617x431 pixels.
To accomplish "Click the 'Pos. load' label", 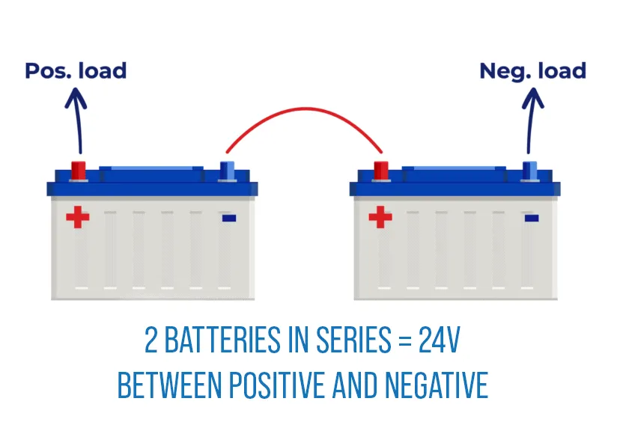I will [x=76, y=71].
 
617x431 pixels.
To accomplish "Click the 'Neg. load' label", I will [x=532, y=71].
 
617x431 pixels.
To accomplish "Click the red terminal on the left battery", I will [x=78, y=170].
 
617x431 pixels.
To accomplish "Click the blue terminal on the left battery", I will [x=227, y=170].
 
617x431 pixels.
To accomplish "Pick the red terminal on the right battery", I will [x=381, y=170].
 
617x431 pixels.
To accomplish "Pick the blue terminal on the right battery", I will [x=531, y=170].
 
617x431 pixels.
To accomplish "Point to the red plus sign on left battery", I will [x=77, y=218].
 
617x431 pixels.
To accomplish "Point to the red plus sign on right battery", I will [x=380, y=218].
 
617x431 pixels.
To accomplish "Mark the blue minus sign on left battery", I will [x=229, y=218].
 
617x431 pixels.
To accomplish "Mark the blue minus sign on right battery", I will [x=532, y=218].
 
